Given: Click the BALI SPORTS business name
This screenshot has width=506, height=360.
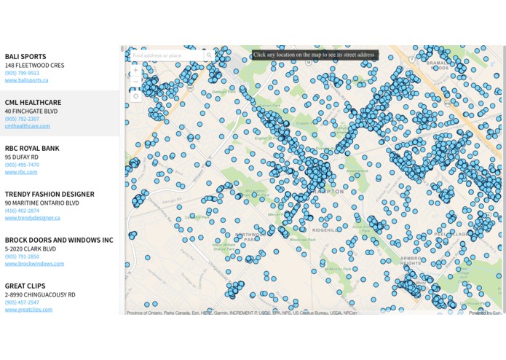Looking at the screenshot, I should [25, 56].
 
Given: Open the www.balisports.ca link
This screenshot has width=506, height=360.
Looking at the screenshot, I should [26, 80].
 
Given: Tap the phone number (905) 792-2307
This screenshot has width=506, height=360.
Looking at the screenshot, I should [22, 119].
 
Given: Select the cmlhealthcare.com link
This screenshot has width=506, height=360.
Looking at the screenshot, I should [28, 126].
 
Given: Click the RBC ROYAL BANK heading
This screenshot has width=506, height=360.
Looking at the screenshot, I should [32, 148].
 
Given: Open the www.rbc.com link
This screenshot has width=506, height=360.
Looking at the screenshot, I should [21, 172].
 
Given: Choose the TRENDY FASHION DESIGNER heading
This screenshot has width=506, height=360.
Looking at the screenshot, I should [50, 194].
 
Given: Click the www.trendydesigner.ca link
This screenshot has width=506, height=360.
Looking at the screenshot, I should [31, 218].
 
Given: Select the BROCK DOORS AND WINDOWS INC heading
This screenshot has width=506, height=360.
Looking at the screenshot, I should [59, 240].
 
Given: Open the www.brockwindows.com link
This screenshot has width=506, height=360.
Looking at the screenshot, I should [33, 264].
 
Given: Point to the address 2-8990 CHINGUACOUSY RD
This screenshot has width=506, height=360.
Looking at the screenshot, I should [40, 294].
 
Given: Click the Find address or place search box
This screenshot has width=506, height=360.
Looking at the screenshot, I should [166, 55].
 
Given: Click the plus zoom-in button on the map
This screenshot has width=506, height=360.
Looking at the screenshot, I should [135, 71].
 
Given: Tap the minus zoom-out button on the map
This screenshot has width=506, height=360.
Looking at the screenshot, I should [135, 81].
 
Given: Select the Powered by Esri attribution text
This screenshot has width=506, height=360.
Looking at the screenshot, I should [485, 313].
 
